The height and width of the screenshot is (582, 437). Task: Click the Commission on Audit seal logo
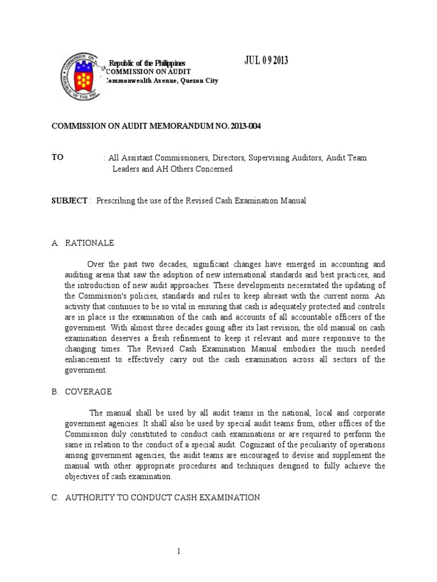82,77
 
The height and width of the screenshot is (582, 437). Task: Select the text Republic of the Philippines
147,63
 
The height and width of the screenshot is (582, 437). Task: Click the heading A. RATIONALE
83,243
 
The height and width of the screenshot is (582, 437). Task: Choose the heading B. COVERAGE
81,392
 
